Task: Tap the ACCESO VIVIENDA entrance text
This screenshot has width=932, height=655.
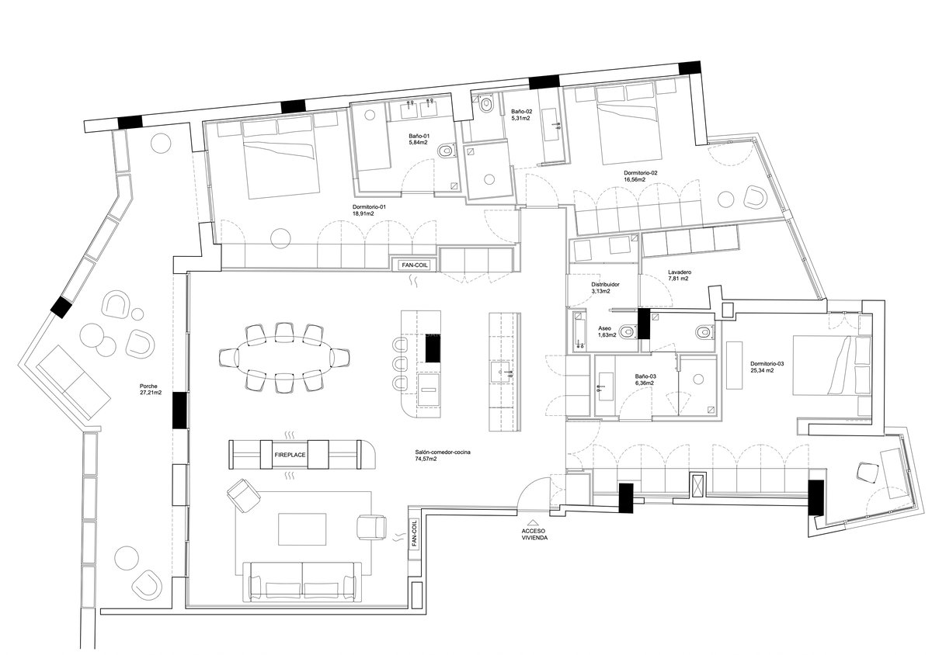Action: [x=534, y=532]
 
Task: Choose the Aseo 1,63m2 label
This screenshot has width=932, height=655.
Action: [x=607, y=332]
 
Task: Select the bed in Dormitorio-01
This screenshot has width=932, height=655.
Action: [x=281, y=161]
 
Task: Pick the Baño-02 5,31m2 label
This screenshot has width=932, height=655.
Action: [x=521, y=115]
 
